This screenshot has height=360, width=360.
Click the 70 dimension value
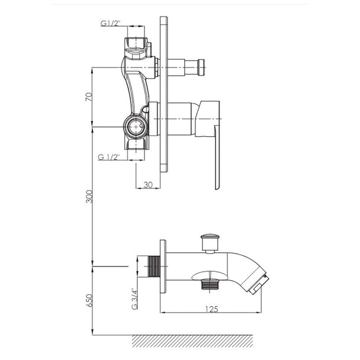click(x=89, y=97)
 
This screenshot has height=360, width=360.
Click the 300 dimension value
click(x=89, y=197)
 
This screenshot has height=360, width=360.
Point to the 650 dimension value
click(x=89, y=300)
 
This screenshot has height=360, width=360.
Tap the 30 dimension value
click(x=148, y=185)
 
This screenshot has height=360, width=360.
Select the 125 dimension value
click(x=211, y=309)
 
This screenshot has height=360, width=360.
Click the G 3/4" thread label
click(x=134, y=298)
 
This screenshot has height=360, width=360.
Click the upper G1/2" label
click(x=111, y=23)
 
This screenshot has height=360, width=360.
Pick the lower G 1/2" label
click(x=109, y=157)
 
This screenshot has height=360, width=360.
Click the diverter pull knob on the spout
click(x=208, y=243)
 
